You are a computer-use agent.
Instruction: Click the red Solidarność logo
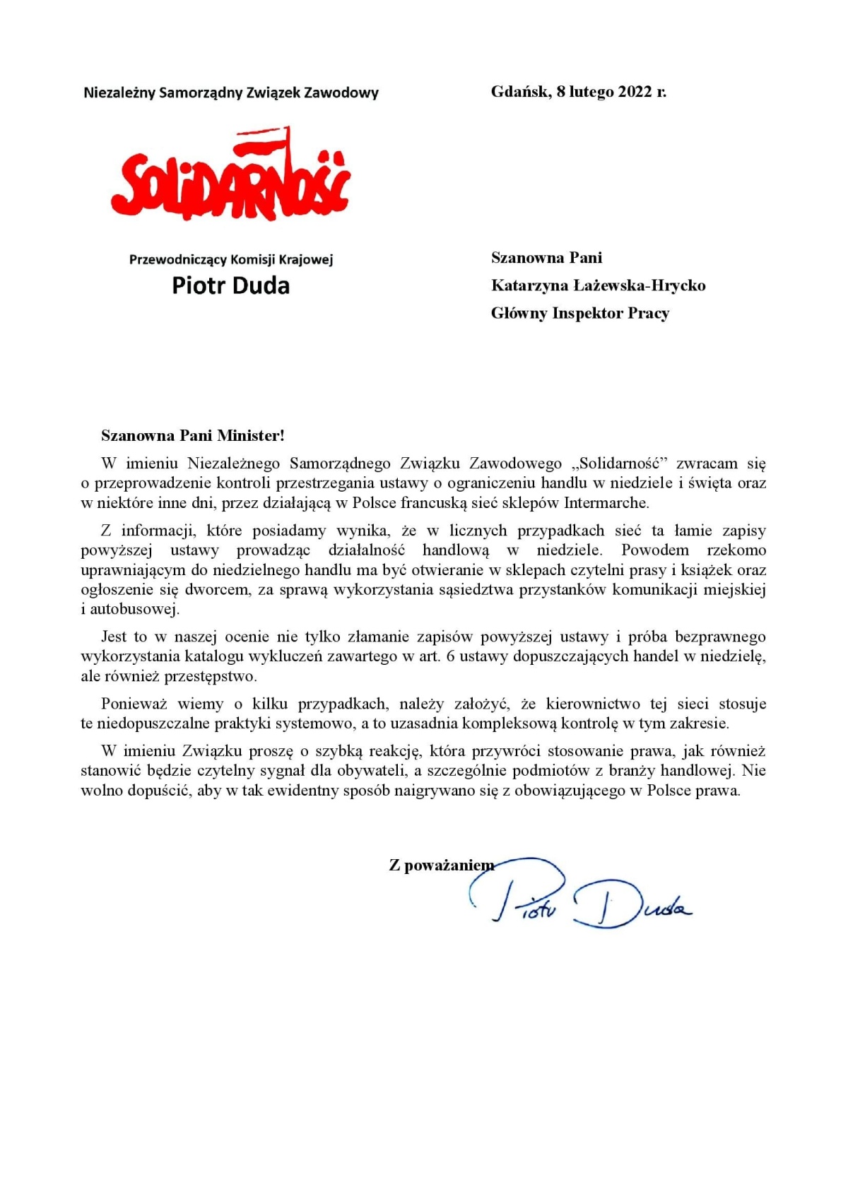tap(230, 177)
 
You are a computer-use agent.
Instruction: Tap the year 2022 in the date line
tap(635, 92)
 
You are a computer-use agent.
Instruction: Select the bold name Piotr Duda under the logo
tap(230, 285)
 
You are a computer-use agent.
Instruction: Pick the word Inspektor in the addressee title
tap(587, 313)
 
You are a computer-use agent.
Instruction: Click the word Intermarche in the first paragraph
tap(606, 503)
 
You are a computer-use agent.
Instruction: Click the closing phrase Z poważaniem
tap(441, 865)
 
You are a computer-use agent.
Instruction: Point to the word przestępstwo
tap(211, 676)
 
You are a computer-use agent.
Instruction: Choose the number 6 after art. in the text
tap(450, 656)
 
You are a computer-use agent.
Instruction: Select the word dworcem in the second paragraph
tap(217, 589)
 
